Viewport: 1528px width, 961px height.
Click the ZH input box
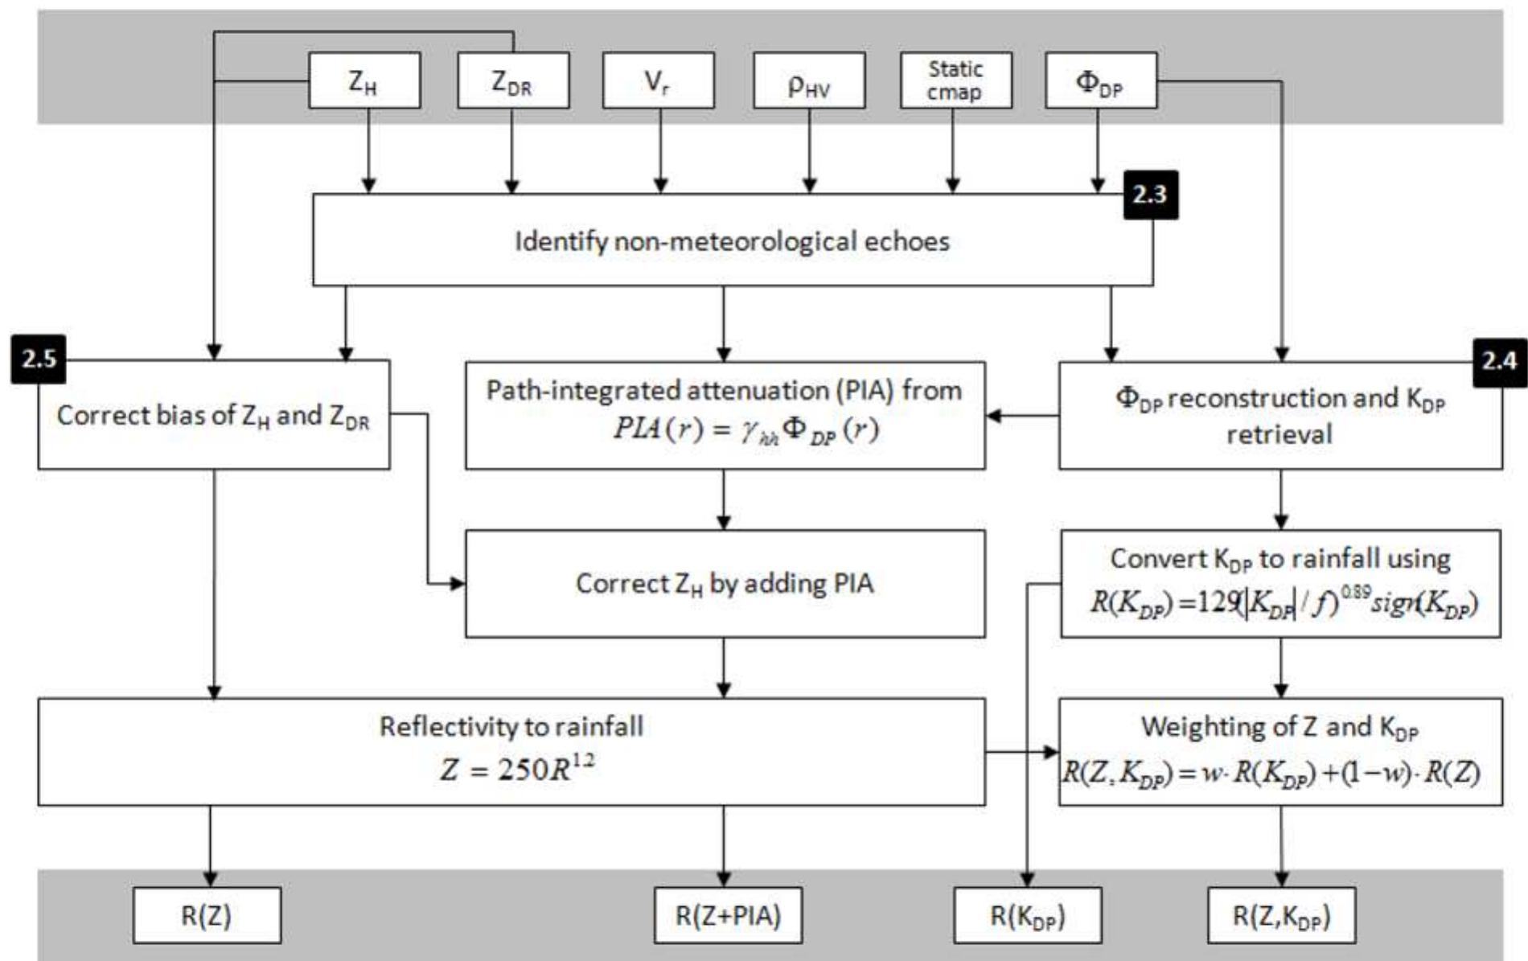point(364,80)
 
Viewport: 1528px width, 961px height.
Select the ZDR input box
point(513,80)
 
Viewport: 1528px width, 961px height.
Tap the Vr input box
point(658,80)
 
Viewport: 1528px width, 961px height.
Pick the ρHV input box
point(809,80)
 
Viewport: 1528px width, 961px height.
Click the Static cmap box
point(955,80)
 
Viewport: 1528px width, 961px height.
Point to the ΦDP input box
point(1100,80)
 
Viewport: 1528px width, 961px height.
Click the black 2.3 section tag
point(1150,195)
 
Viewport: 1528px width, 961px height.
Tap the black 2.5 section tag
point(39,359)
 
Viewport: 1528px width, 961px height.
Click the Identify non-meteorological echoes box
point(732,241)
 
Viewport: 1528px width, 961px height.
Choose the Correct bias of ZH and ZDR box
point(214,415)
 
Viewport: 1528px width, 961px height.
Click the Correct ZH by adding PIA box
point(725,584)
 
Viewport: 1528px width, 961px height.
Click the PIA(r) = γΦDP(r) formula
point(746,429)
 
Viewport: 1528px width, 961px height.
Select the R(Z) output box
point(207,915)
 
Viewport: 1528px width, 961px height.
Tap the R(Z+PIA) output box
point(728,915)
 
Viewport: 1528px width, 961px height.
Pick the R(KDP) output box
point(1027,915)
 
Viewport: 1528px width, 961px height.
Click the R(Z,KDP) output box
point(1281,915)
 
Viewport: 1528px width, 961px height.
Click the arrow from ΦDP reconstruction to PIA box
point(1021,416)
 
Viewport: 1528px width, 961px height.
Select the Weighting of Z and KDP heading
point(1279,727)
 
